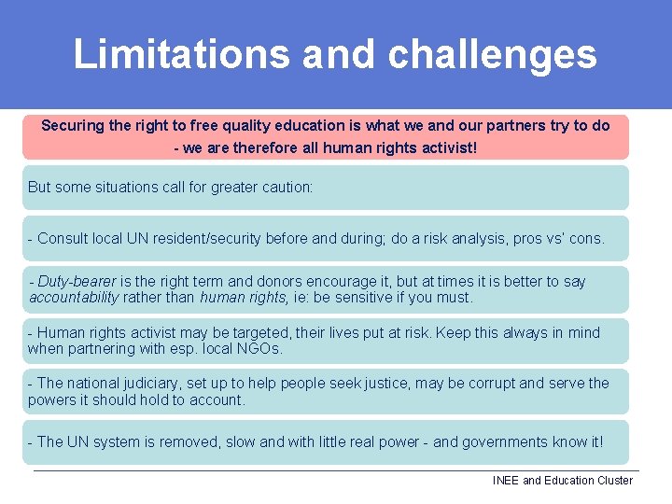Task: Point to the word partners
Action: point(513,125)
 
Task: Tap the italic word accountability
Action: point(74,298)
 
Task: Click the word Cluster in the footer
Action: point(612,481)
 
